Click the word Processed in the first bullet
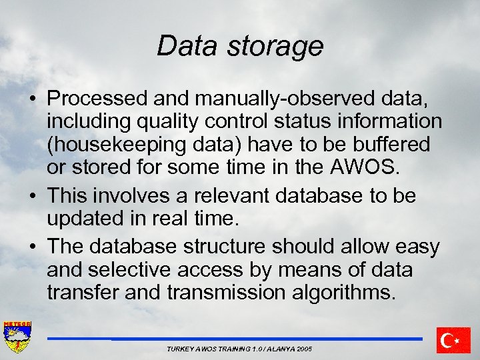click(98, 99)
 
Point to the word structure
click(221, 247)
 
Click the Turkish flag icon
click(453, 340)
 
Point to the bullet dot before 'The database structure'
click(33, 247)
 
